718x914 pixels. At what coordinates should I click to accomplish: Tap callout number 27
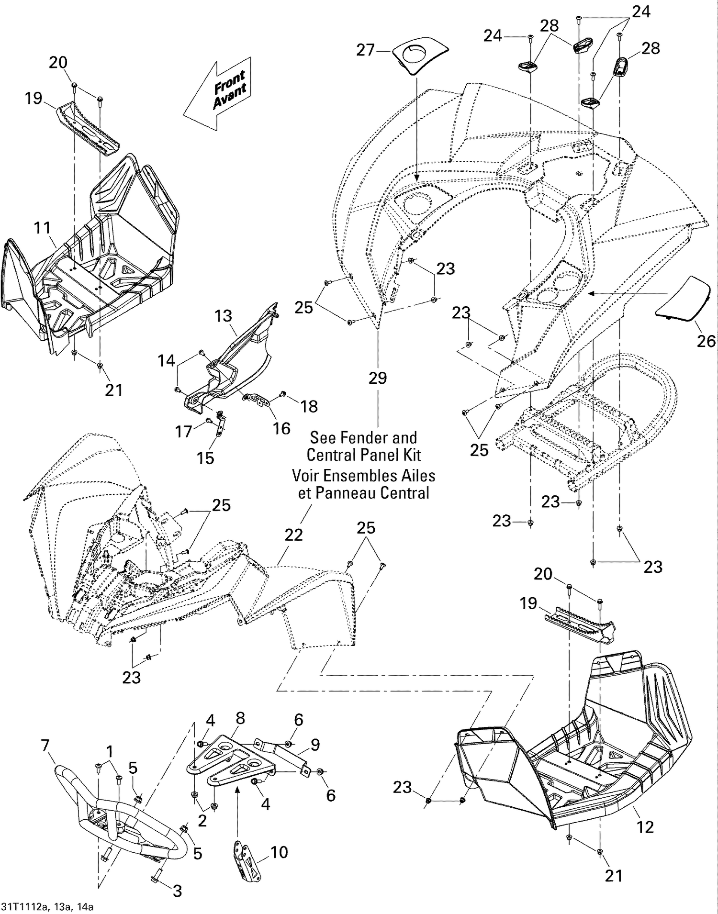point(365,50)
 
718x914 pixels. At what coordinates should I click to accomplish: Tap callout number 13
point(224,316)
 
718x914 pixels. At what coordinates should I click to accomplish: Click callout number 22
point(293,535)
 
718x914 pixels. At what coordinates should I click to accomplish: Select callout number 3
point(177,891)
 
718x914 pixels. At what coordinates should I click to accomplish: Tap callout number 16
point(281,428)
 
